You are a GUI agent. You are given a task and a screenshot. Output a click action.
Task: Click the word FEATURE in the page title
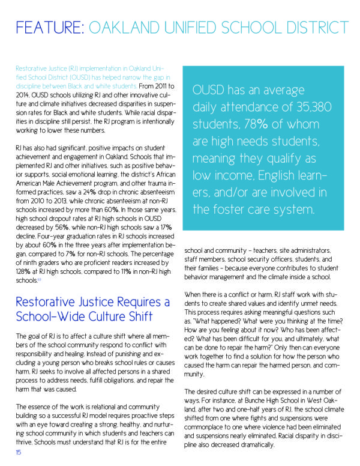point(49,28)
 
